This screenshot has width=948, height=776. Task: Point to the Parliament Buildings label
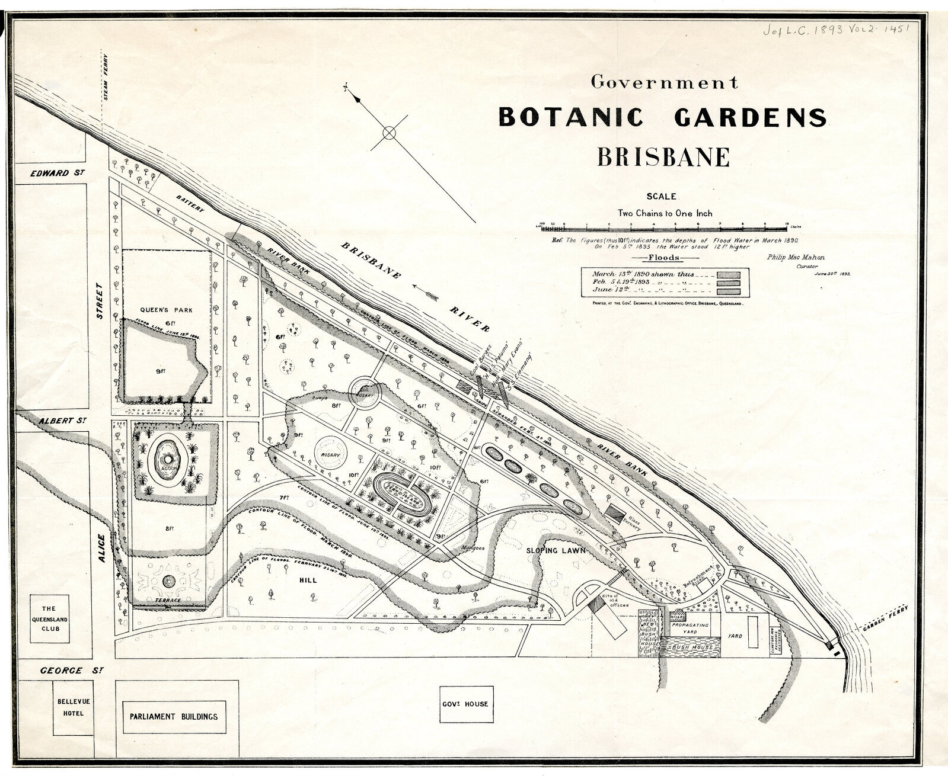[x=173, y=716]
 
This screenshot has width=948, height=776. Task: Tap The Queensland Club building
[x=49, y=620]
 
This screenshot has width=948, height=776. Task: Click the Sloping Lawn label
[x=556, y=550]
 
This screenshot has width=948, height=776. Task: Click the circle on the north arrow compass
[x=389, y=133]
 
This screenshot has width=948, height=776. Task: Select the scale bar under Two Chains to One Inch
[x=663, y=226]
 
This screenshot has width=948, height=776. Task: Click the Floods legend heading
[x=664, y=258]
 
